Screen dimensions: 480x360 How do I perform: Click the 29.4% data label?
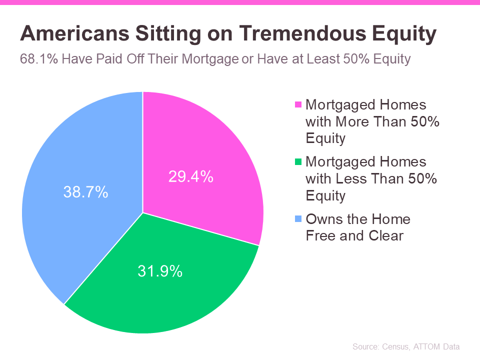[190, 176]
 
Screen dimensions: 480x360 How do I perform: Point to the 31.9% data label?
[160, 271]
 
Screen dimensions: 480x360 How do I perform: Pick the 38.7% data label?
[85, 192]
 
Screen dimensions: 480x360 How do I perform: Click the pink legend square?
[298, 104]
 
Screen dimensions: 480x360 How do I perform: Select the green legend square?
[298, 161]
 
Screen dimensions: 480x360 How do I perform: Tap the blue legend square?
[298, 218]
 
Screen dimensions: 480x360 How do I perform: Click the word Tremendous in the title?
[302, 33]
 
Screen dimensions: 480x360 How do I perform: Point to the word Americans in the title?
[74, 33]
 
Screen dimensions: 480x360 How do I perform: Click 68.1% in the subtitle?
[39, 59]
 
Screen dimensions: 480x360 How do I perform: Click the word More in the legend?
[352, 121]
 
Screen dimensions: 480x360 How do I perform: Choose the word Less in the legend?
[351, 178]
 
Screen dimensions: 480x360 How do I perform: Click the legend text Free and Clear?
[354, 235]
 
